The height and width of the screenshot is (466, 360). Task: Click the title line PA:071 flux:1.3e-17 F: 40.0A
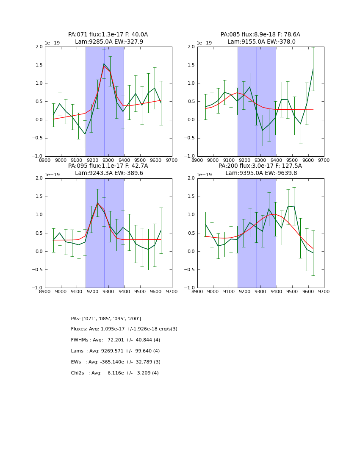(108, 35)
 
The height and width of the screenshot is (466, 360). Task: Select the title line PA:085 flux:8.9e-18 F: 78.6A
(260, 35)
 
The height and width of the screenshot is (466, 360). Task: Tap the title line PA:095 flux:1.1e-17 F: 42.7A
(108, 166)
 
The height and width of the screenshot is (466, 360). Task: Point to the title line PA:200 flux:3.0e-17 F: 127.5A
(260, 166)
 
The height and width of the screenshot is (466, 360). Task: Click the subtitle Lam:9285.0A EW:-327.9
(109, 42)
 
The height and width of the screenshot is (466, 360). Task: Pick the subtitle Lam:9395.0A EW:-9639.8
(261, 173)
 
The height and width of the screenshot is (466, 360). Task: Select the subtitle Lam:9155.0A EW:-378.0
(261, 42)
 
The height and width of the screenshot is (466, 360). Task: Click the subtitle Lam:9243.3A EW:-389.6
(109, 173)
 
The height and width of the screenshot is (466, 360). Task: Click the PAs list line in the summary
(106, 319)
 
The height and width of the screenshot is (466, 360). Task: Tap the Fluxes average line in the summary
(124, 329)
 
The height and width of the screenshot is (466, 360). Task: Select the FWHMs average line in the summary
(115, 340)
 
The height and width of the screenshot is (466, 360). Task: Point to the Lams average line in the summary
(115, 351)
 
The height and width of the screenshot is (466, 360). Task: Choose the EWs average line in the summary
(115, 362)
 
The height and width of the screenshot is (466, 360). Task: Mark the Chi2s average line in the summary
(114, 373)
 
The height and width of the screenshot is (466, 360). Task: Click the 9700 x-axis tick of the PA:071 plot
(172, 160)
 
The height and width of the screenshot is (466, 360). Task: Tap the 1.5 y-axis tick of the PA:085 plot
(193, 65)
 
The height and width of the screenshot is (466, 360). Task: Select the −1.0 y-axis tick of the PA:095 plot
(39, 288)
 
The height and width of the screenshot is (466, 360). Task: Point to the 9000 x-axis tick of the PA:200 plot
(213, 291)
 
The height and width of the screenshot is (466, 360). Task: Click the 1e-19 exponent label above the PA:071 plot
(52, 43)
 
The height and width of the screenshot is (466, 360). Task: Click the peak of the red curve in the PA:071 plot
(104, 66)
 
